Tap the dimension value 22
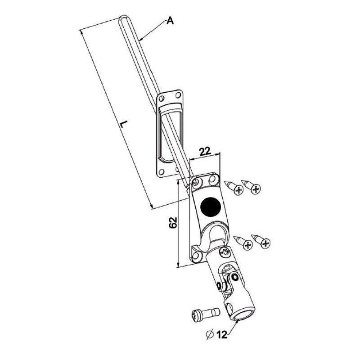205,152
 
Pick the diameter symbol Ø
209,334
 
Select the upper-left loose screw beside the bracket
234,188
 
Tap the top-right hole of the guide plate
179,95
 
